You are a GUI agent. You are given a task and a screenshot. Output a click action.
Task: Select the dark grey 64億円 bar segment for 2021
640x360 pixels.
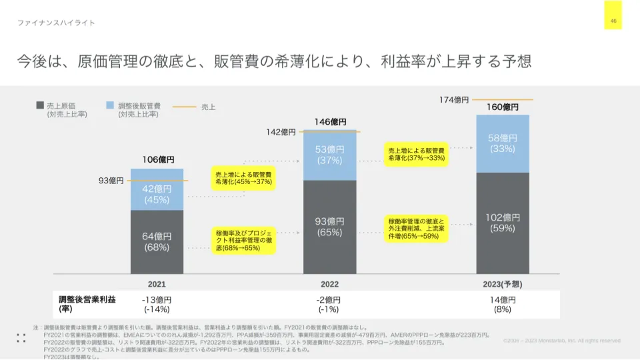click(x=157, y=242)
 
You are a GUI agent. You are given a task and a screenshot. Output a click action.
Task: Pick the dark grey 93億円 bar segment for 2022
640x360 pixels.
click(x=329, y=227)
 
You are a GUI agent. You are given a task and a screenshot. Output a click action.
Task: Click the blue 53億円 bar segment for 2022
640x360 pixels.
click(x=329, y=155)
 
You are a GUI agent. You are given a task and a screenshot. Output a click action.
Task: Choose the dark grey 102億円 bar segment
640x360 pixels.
click(x=502, y=223)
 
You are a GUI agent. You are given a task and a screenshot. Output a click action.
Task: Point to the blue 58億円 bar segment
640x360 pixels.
click(x=502, y=143)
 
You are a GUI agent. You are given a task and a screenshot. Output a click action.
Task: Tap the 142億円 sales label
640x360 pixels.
click(x=281, y=132)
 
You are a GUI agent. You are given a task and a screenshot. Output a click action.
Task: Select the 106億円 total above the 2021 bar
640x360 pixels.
click(x=157, y=160)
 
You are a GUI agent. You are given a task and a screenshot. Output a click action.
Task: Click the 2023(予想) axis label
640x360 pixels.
click(x=502, y=284)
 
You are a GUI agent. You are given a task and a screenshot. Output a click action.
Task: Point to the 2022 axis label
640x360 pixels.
click(x=329, y=284)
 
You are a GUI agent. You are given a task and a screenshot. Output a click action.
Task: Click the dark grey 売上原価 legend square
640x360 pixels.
click(x=40, y=105)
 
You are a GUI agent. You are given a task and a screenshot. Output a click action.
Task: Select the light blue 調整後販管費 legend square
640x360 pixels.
click(x=110, y=105)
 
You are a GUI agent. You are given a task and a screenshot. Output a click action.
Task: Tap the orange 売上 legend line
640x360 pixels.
click(x=184, y=106)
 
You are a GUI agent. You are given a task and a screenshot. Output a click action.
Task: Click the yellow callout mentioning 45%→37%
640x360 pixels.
click(x=243, y=178)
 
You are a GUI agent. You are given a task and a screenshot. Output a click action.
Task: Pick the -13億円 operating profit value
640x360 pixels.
click(x=157, y=300)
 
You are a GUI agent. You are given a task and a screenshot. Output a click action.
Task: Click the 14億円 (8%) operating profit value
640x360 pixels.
click(x=502, y=304)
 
